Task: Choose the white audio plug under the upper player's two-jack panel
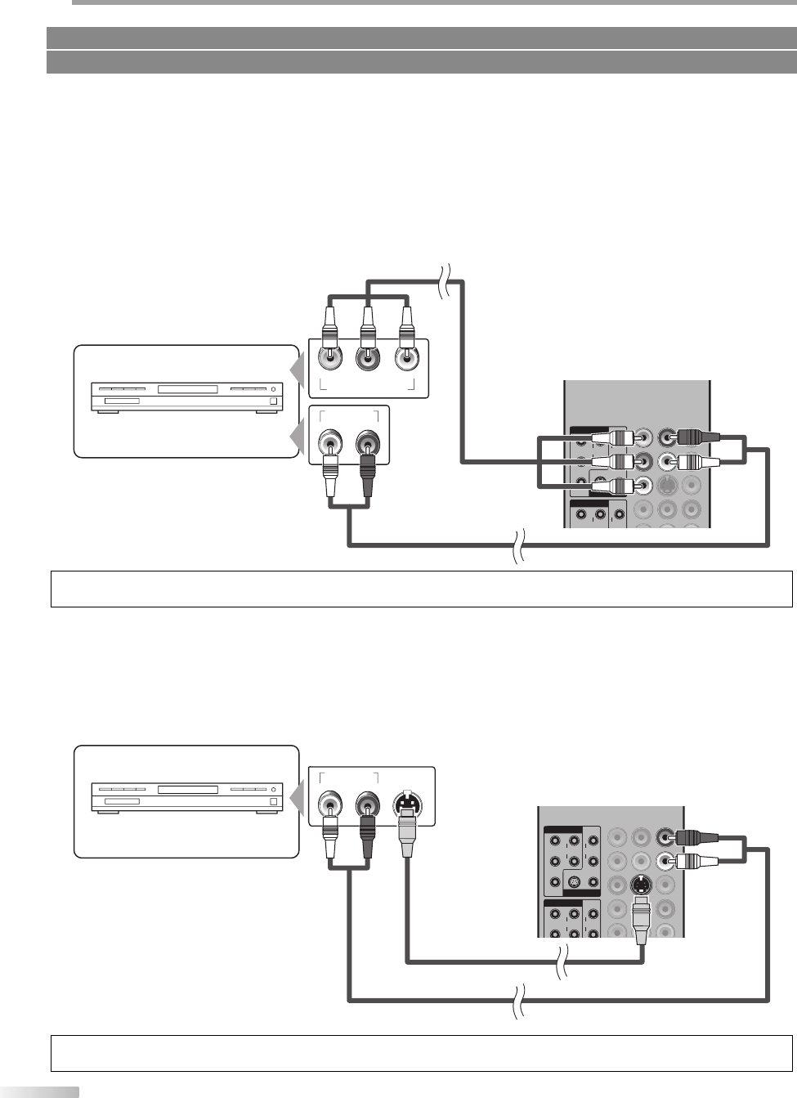[x=329, y=482]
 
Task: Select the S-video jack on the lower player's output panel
[x=407, y=803]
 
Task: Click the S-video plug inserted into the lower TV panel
[x=641, y=914]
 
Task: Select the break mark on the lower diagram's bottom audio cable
[x=516, y=1000]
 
